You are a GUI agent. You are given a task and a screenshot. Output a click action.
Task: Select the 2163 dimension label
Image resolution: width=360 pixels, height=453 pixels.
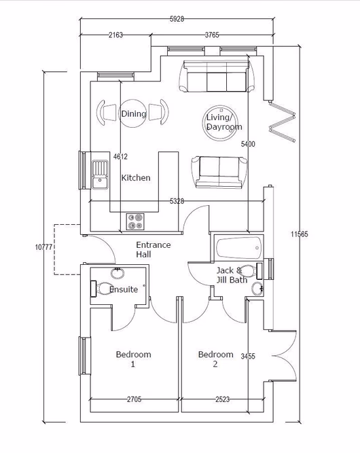pyautogui.click(x=115, y=36)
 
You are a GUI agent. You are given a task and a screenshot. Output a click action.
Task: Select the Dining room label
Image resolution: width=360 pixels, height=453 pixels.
pyautogui.click(x=133, y=113)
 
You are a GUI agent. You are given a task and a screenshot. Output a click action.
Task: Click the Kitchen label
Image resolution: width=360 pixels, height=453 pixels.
pyautogui.click(x=136, y=178)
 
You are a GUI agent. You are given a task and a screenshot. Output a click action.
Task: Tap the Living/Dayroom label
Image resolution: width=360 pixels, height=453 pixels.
pyautogui.click(x=223, y=122)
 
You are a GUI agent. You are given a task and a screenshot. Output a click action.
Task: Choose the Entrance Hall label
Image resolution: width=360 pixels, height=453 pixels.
pyautogui.click(x=153, y=249)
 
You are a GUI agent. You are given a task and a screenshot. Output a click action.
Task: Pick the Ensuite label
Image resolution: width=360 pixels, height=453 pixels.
pyautogui.click(x=124, y=289)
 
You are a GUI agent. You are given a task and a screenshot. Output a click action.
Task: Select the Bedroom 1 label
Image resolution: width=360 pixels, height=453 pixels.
pyautogui.click(x=133, y=359)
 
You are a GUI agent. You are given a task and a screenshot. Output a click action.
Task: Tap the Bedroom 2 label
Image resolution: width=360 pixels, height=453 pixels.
pyautogui.click(x=215, y=359)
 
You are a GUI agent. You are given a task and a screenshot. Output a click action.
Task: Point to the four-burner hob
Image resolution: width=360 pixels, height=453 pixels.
pyautogui.click(x=135, y=221)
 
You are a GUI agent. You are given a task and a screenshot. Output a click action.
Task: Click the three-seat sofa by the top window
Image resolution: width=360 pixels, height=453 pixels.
pyautogui.click(x=217, y=77)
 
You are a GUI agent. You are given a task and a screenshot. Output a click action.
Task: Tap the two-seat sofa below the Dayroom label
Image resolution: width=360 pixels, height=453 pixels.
pyautogui.click(x=219, y=171)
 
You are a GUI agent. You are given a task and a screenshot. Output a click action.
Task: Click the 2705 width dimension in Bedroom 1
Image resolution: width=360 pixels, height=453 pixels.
pyautogui.click(x=134, y=399)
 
